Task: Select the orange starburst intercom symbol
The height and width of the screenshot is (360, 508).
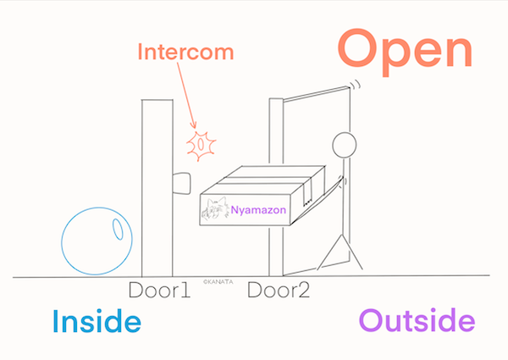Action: (x=201, y=145)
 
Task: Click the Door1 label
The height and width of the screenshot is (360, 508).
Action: (x=158, y=291)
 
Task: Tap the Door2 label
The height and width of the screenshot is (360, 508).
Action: (x=279, y=291)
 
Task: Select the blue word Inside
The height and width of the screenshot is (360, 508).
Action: (x=96, y=323)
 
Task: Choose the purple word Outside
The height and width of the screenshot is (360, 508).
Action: (x=417, y=323)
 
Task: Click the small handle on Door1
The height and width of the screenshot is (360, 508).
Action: (x=180, y=182)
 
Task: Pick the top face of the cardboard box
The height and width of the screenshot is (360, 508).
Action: (x=267, y=178)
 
